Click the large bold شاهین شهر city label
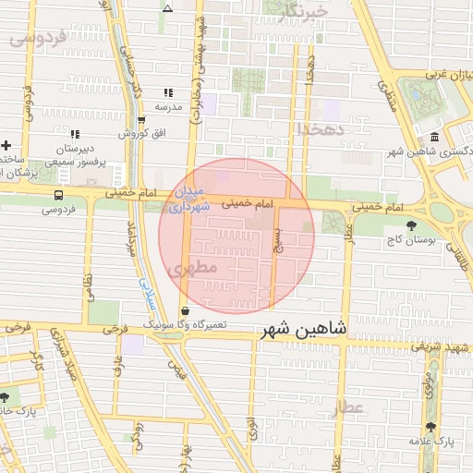point(304,329)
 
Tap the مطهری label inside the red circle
point(193,267)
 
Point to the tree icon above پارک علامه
point(431,427)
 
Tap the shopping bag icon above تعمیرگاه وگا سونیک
point(186,310)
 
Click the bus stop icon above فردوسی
point(59,195)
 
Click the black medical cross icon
point(6,145)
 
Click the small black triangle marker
point(167,8)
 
